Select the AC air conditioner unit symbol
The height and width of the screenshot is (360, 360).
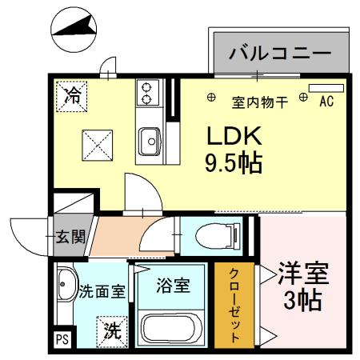[326, 87]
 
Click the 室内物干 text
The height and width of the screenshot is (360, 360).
[257, 102]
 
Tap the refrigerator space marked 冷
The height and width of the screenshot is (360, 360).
[72, 98]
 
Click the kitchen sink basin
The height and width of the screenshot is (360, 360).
[148, 144]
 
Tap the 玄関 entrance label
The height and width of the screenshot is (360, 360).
[69, 236]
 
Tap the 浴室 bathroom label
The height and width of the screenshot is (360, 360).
[172, 286]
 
